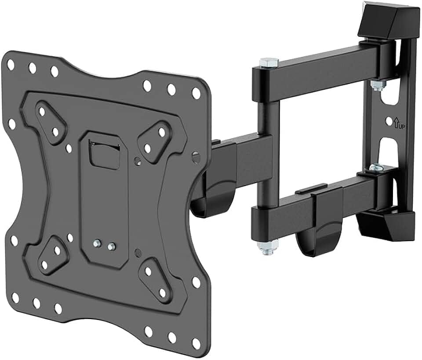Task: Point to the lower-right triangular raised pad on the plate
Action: point(155,278)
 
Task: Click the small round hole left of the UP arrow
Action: point(389,120)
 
